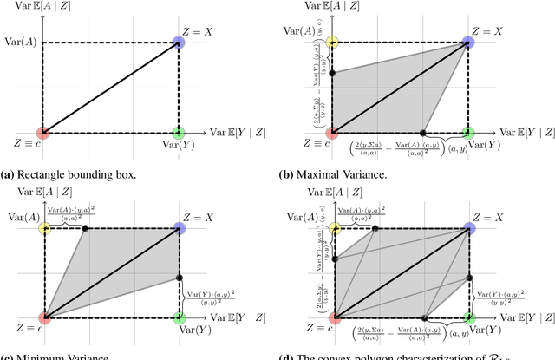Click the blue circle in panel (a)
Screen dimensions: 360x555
179,42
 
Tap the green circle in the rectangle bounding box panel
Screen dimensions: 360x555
179,132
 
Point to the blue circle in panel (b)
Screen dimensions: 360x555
468,42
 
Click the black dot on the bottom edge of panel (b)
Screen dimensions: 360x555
423,132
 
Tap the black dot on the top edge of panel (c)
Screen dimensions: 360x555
85,228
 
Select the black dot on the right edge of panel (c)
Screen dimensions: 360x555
179,278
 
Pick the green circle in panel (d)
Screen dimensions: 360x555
468,318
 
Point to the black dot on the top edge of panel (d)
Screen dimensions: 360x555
375,228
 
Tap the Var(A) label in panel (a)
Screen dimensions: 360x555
21,42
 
